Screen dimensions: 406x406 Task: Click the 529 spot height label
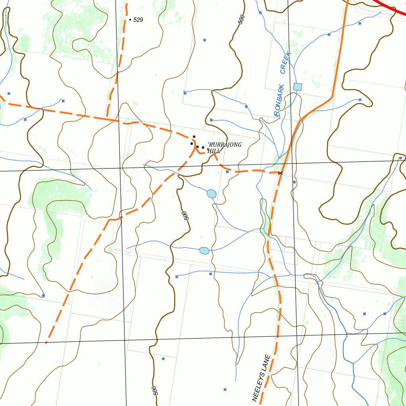click(x=138, y=20)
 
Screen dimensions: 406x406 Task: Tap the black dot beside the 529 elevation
click(x=130, y=19)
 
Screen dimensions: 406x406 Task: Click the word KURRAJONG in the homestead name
click(x=225, y=145)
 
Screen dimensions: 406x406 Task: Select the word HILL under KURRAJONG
click(x=214, y=151)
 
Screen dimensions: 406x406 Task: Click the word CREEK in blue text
click(x=286, y=63)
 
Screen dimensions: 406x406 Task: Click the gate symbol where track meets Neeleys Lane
click(x=280, y=173)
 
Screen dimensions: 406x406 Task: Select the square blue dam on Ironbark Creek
click(x=297, y=86)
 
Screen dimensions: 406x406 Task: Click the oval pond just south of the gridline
click(x=212, y=193)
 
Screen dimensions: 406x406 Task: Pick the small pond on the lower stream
click(x=204, y=251)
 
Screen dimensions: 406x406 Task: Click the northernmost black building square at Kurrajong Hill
click(x=194, y=137)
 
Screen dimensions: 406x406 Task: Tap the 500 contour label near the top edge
click(x=241, y=19)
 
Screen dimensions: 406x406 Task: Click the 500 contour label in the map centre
click(x=185, y=215)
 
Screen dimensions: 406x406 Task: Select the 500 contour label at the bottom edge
click(x=155, y=391)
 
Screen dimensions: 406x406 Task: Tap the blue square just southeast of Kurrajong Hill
click(x=227, y=172)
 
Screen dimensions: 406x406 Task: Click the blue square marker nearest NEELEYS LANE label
click(x=225, y=389)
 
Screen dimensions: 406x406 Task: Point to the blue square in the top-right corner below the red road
click(x=360, y=23)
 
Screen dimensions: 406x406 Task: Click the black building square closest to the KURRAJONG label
click(x=203, y=147)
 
